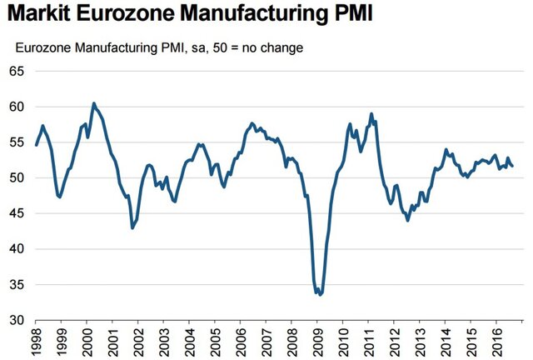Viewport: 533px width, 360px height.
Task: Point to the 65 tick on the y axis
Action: [17, 72]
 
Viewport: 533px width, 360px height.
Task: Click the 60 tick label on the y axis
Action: [17, 107]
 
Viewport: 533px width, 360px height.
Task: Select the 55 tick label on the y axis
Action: [17, 142]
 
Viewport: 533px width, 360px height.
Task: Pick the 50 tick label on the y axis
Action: [17, 177]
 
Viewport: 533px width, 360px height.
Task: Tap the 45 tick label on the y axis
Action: [17, 213]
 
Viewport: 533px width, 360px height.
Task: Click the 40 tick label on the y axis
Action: [17, 248]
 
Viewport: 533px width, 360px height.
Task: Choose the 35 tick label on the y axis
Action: [17, 284]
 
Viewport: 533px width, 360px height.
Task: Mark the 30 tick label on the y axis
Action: [17, 320]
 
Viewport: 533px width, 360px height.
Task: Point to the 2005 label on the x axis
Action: [215, 341]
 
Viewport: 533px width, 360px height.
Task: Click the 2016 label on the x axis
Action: [496, 341]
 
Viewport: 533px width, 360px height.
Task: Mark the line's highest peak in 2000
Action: [93, 103]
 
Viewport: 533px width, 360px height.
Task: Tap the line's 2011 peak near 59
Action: [371, 114]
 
